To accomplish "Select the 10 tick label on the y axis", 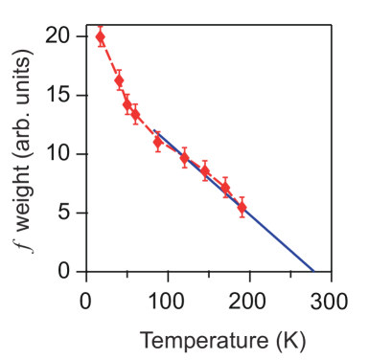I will tap(58, 153).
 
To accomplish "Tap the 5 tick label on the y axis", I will tap(64, 213).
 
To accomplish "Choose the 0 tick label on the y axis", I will tap(64, 271).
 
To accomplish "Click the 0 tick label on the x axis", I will tap(85, 303).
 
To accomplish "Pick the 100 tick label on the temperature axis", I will tap(167, 303).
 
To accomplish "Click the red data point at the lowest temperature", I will tap(101, 37).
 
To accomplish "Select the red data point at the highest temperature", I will tap(242, 207).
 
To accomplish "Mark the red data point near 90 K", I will tap(158, 142).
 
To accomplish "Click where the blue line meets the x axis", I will tap(313, 271).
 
